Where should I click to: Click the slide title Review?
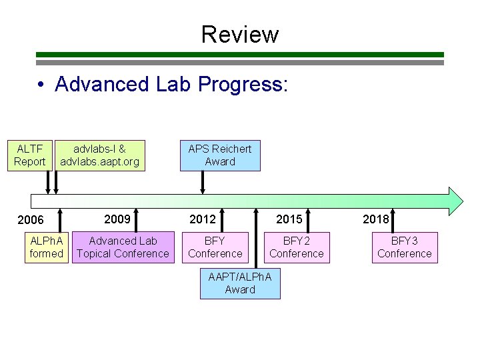(240, 33)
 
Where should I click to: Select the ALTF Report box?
(30, 155)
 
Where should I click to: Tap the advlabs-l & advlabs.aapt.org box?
(99, 155)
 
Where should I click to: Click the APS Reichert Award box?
(220, 155)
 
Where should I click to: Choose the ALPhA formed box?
(47, 247)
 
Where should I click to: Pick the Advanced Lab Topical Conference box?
(123, 247)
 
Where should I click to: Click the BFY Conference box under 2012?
(215, 247)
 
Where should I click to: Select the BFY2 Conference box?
(297, 247)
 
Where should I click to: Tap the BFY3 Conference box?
(404, 247)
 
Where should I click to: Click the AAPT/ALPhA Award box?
(240, 283)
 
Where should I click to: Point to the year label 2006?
(31, 221)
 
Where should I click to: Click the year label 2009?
(117, 219)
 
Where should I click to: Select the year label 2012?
(203, 219)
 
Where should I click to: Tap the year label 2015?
(289, 219)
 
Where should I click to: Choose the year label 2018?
(376, 219)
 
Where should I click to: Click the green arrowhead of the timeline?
(455, 201)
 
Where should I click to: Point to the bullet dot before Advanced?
(41, 85)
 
